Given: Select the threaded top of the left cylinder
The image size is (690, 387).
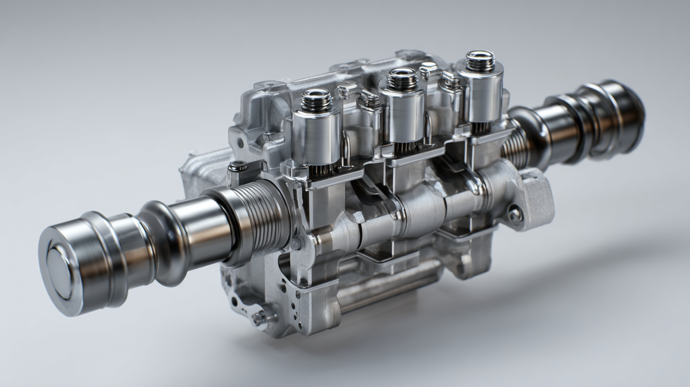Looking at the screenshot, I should (316, 100).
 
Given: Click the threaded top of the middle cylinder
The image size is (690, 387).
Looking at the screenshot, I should (402, 79).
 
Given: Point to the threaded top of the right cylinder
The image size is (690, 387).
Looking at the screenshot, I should (480, 61).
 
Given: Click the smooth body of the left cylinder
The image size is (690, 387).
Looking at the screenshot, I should (316, 138).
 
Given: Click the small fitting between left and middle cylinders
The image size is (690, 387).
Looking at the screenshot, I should (370, 101).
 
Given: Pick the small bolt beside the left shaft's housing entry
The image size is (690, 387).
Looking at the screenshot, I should (296, 244).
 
